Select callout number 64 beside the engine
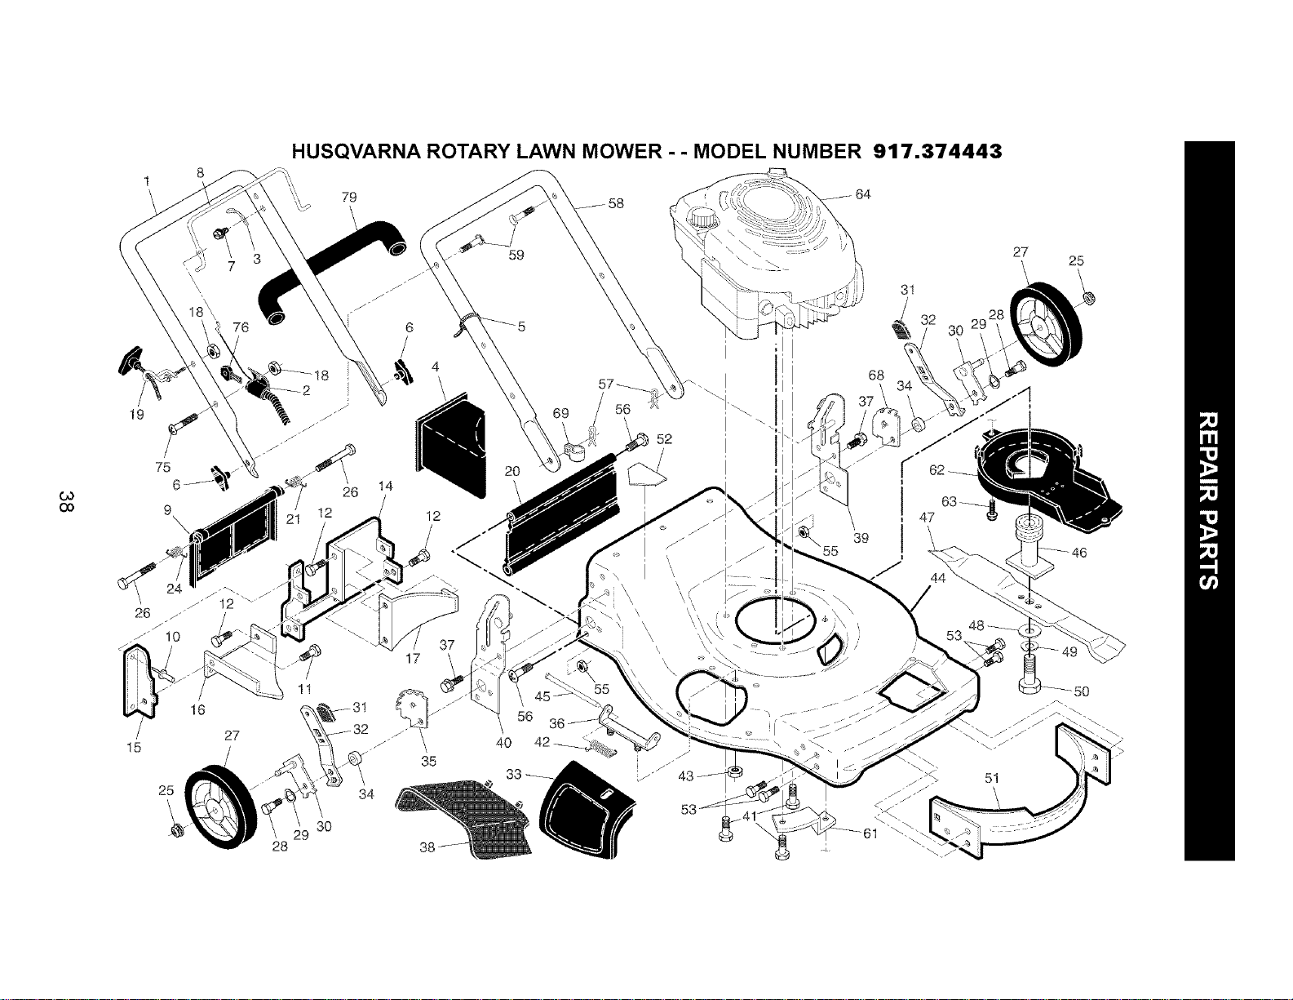(863, 194)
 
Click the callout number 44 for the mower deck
(938, 577)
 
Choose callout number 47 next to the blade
(927, 518)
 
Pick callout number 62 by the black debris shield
(937, 470)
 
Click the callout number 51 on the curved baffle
(992, 779)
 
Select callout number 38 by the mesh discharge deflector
(427, 847)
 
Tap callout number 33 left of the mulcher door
(513, 775)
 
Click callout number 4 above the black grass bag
(436, 367)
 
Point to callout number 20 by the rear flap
(512, 472)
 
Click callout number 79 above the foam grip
(349, 197)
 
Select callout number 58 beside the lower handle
(616, 203)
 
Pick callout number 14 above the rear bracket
(386, 487)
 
